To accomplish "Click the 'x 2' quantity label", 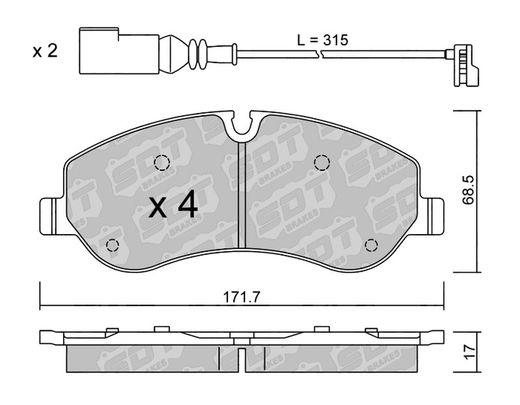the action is coord(45,51).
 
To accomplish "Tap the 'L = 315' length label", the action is coord(322,40).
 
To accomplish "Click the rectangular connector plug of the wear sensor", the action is coord(119,50).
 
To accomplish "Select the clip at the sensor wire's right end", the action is coord(462,65).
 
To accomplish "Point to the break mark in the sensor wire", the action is coord(318,54).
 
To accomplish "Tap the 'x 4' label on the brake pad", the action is coord(173,206).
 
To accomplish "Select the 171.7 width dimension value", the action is coord(241,297).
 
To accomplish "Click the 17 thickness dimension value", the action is coord(469,352).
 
